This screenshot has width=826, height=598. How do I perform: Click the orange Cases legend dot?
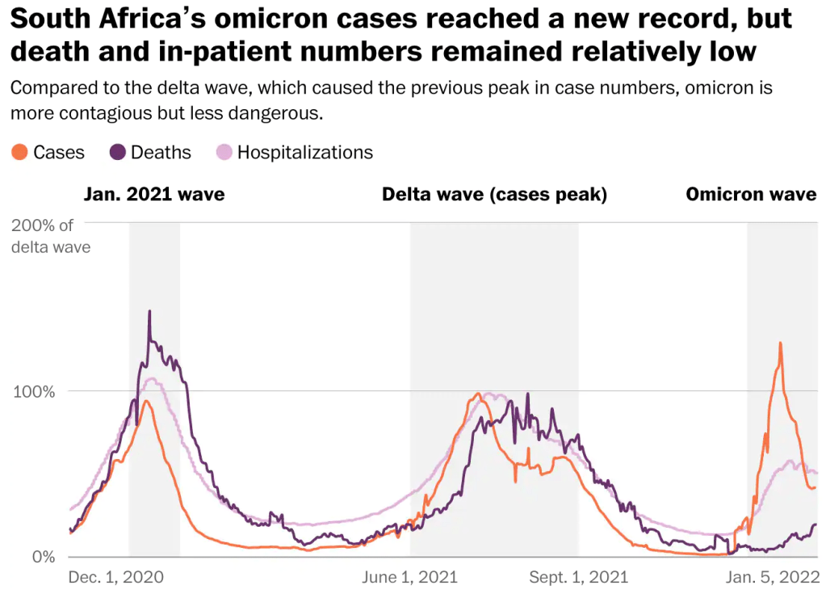tap(20, 152)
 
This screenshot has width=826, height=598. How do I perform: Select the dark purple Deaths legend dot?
tap(118, 152)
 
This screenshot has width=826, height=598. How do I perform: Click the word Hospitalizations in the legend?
tap(304, 152)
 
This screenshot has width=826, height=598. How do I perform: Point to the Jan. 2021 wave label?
tap(154, 195)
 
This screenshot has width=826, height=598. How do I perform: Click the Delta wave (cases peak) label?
tap(494, 195)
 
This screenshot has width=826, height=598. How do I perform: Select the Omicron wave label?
tap(751, 195)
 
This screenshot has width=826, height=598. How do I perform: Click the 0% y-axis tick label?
tap(42, 557)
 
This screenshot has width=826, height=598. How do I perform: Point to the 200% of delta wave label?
tap(51, 235)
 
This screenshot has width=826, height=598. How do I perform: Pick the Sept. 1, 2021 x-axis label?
tap(579, 577)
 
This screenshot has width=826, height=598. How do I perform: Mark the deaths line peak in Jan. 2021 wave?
tap(149, 311)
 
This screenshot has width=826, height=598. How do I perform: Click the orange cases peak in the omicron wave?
tap(780, 343)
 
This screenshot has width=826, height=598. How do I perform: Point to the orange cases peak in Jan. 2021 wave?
tap(145, 402)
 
